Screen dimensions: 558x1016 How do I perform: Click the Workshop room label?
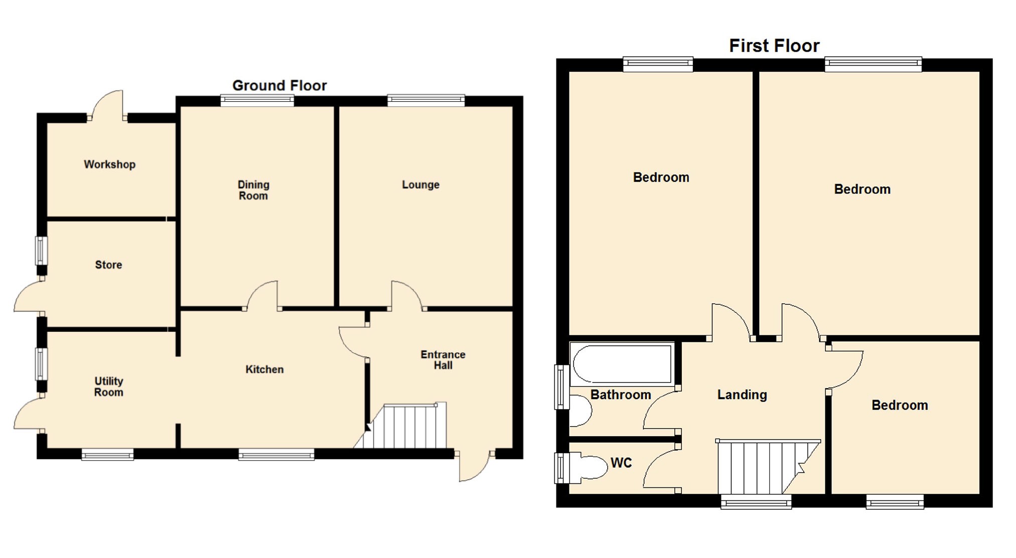pos(109,164)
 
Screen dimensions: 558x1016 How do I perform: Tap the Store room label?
pos(108,265)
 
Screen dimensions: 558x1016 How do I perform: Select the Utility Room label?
pos(108,387)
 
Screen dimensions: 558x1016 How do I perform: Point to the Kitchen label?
pos(264,369)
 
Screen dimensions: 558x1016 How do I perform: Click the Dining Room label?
pos(253,191)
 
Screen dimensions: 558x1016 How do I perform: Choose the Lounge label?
pos(420,184)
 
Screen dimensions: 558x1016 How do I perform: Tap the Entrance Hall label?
pos(443,360)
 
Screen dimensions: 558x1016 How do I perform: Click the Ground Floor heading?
pos(279,86)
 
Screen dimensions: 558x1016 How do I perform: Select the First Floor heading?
pos(774,46)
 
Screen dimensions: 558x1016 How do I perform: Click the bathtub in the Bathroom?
pos(622,364)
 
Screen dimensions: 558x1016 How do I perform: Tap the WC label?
pos(621,463)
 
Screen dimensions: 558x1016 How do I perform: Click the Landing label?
pos(742,395)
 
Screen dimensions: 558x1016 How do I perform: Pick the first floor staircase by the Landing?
pos(763,467)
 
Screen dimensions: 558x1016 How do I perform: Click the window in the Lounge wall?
pos(425,100)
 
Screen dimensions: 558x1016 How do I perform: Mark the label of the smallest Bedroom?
pos(899,405)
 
